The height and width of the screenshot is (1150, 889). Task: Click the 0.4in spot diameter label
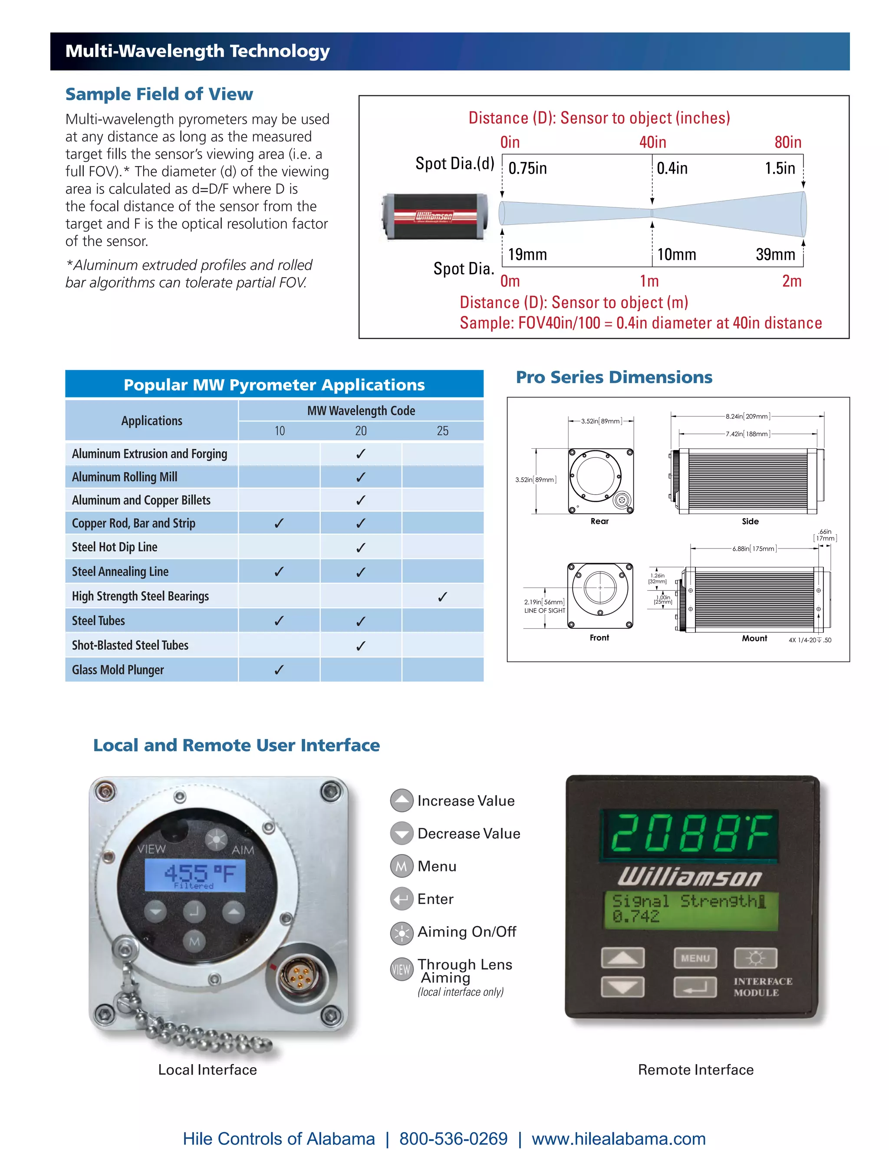click(x=672, y=168)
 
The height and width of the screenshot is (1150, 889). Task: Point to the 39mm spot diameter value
click(x=775, y=255)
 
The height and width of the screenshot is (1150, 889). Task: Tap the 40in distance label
click(x=652, y=142)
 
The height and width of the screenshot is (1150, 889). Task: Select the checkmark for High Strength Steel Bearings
click(x=442, y=597)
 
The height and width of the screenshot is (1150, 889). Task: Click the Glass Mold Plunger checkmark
click(x=279, y=670)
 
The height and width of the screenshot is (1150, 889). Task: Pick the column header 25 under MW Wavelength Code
click(x=442, y=431)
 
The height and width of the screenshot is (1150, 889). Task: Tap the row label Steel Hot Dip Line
click(x=115, y=547)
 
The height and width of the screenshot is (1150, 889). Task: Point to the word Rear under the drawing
click(x=599, y=521)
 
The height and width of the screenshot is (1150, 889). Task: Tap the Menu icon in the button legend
click(x=402, y=866)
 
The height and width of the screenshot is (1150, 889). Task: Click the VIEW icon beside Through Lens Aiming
click(x=402, y=969)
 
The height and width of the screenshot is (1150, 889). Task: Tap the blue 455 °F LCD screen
click(x=195, y=875)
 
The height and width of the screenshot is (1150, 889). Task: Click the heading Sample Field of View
click(x=159, y=94)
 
